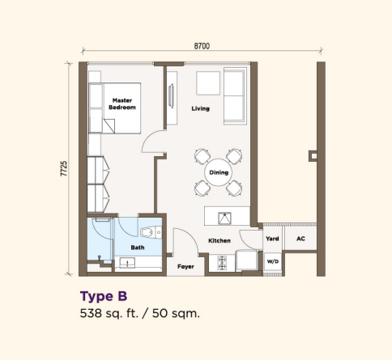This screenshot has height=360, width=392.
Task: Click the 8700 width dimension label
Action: pyautogui.click(x=202, y=46)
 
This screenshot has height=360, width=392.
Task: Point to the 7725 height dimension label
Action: pyautogui.click(x=64, y=169)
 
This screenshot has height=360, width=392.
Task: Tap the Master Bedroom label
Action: pyautogui.click(x=122, y=104)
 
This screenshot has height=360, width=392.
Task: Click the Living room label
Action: pyautogui.click(x=201, y=108)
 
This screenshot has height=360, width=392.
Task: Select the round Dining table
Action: pyautogui.click(x=219, y=172)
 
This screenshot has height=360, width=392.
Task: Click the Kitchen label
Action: pyautogui.click(x=219, y=240)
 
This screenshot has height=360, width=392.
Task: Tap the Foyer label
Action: pyautogui.click(x=185, y=266)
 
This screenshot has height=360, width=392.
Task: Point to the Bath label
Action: pyautogui.click(x=138, y=248)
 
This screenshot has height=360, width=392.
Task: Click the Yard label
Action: pyautogui.click(x=272, y=239)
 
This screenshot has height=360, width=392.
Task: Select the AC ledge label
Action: pyautogui.click(x=300, y=239)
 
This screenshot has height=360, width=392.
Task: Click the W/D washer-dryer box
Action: pyautogui.click(x=273, y=261)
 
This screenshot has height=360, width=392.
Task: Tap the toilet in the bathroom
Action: pyautogui.click(x=151, y=232)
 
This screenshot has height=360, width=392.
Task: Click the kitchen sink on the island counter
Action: pyautogui.click(x=225, y=218)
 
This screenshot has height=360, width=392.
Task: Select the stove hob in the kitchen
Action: pyautogui.click(x=222, y=263)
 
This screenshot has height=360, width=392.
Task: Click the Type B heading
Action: pyautogui.click(x=104, y=297)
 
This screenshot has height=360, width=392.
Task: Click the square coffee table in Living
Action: pyautogui.click(x=208, y=83)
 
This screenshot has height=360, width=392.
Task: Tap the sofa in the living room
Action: pyautogui.click(x=235, y=96)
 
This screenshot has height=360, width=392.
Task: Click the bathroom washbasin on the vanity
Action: pyautogui.click(x=127, y=263)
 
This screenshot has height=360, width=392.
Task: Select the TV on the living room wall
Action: pyautogui.click(x=171, y=96)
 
